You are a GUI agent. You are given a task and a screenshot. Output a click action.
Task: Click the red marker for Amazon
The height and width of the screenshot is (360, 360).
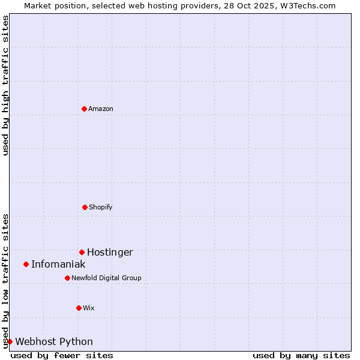click(84, 109)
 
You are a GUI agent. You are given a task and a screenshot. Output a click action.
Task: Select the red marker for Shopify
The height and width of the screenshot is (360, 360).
click(85, 207)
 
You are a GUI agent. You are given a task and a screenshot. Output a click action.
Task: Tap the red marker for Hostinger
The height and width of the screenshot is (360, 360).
click(82, 252)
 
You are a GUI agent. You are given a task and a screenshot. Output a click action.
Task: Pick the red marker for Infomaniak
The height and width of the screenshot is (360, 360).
click(26, 264)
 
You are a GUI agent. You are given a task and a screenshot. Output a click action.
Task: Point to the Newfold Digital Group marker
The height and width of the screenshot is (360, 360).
click(67, 278)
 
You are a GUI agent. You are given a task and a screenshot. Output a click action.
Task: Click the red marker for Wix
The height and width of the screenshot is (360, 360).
click(79, 308)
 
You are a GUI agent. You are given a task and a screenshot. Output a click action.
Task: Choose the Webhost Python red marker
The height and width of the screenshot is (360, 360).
click(10, 341)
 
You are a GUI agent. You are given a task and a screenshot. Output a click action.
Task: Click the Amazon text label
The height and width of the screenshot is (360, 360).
click(101, 109)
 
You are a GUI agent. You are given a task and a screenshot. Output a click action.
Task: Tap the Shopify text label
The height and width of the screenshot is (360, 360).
click(101, 208)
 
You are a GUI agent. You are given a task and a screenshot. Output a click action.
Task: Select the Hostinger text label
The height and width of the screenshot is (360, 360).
click(110, 253)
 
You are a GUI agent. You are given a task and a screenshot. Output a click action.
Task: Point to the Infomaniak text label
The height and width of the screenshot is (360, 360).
click(58, 265)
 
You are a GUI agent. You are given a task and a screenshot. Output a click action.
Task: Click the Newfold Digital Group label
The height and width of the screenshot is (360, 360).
click(106, 278)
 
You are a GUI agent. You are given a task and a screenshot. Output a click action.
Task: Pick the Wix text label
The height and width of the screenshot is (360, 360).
click(89, 308)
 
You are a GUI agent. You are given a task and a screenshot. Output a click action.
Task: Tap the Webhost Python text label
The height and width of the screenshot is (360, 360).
click(54, 342)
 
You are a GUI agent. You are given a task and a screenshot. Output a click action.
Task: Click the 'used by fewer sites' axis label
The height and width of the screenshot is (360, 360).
click(62, 356)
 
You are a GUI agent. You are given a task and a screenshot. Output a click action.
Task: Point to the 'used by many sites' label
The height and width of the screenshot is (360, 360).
click(301, 356)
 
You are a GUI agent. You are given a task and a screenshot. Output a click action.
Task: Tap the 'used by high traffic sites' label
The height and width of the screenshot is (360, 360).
click(5, 85)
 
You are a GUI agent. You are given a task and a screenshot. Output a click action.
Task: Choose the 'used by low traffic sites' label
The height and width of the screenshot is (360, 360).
click(5, 280)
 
